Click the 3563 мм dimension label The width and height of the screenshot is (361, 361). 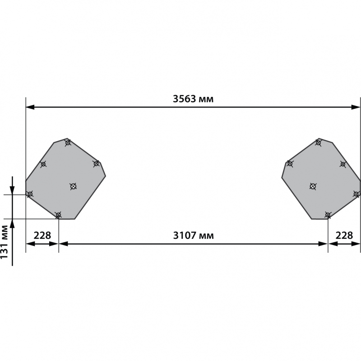[193, 99]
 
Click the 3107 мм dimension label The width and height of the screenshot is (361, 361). [194, 236]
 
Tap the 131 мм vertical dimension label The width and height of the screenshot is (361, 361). [4, 242]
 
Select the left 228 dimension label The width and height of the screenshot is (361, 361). [42, 235]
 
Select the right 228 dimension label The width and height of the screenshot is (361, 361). [344, 235]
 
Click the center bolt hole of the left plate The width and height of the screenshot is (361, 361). [73, 186]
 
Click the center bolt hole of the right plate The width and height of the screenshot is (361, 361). [313, 186]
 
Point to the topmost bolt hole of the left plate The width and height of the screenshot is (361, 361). [68, 143]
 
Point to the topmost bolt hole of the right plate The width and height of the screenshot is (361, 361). [318, 143]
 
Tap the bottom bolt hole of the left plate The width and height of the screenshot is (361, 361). [59, 215]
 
